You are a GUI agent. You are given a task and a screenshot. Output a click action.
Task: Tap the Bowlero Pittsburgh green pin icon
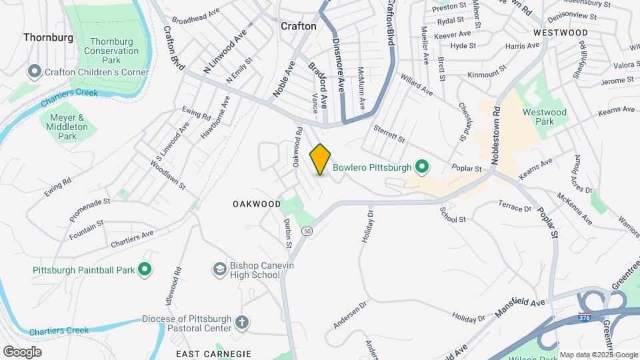421,166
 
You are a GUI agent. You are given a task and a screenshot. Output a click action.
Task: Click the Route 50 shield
307,231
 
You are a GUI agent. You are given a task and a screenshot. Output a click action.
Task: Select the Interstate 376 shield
585,316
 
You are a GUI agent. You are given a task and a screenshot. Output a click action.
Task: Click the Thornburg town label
48,37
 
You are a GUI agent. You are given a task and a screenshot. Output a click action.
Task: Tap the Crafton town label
298,26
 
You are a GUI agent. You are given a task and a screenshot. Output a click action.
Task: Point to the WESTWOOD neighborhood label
561,32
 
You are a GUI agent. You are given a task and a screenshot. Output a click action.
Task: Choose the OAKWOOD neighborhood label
257,203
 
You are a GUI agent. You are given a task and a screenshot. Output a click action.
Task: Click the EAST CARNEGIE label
213,353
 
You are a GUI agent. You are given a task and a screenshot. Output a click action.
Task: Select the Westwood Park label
545,117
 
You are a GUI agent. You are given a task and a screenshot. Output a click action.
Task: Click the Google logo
22,351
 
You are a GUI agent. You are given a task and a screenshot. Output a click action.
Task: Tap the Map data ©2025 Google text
598,354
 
